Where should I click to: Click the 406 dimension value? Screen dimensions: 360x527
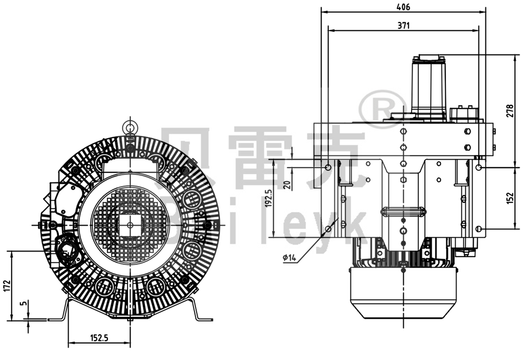point(403,7)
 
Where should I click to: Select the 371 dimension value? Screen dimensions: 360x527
point(403,25)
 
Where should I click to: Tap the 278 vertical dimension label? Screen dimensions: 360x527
point(509,111)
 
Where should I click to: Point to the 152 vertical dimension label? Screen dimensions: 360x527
point(509,198)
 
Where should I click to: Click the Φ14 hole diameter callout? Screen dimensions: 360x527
point(290,257)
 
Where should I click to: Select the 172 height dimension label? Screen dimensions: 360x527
point(6,286)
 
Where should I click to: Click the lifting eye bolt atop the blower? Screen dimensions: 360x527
point(129,126)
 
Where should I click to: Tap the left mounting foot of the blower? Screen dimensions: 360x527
point(59,311)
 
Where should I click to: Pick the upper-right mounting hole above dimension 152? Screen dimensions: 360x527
point(479,167)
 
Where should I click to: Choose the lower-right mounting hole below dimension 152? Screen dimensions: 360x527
point(479,229)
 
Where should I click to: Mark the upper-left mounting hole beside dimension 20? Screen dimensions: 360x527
point(328,167)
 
